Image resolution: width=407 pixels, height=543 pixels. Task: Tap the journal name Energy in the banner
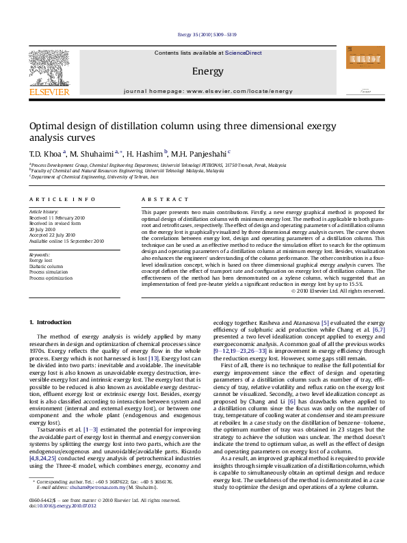pyautogui.click(x=202, y=71)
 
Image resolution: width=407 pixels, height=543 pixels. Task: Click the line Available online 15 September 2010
pyautogui.click(x=66, y=241)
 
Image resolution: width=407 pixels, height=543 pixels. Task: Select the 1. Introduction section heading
pyautogui.click(x=52, y=322)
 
